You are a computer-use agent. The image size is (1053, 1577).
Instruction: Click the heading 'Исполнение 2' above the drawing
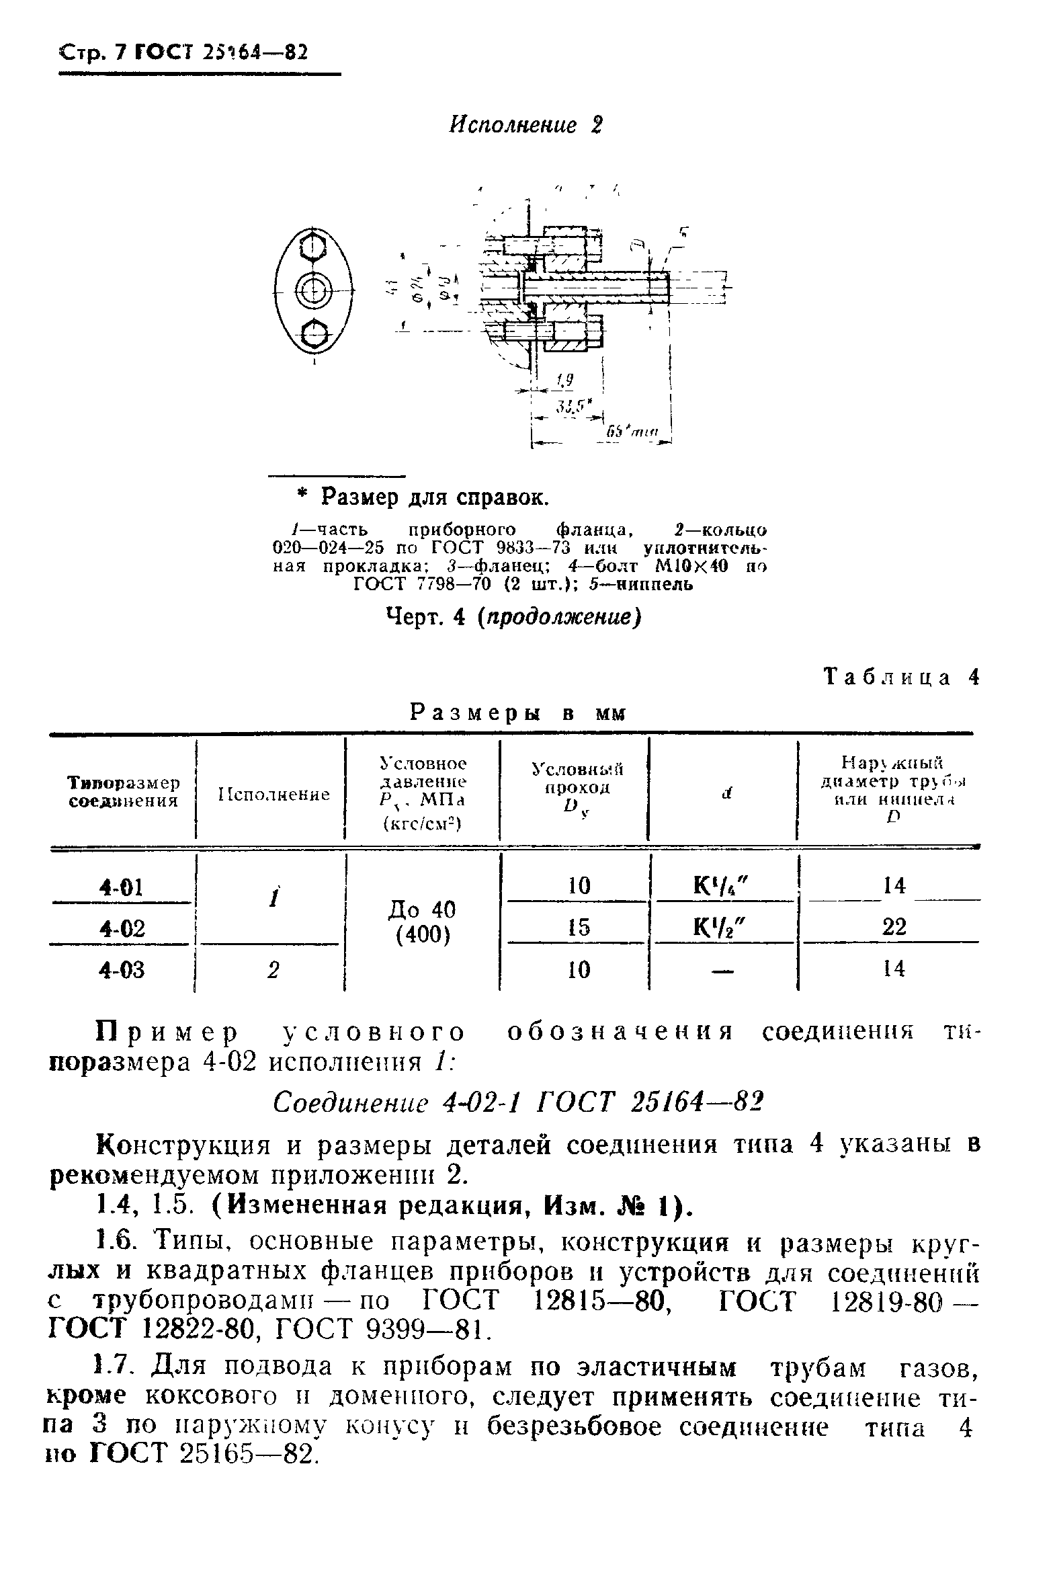pos(525,126)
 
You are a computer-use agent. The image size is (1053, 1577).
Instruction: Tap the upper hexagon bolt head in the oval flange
pos(312,249)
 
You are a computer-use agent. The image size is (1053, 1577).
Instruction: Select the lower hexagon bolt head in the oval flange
pos(313,331)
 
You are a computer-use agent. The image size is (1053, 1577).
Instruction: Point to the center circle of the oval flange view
pos(312,290)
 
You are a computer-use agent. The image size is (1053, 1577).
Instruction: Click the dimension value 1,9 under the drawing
pos(563,381)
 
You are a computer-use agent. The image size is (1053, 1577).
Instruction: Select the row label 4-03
pos(121,970)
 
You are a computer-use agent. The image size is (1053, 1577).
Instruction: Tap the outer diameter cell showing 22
pos(894,928)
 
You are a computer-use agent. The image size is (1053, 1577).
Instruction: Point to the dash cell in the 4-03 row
pos(723,970)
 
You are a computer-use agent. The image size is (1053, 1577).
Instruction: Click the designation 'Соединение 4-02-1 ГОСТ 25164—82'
pos(520,1101)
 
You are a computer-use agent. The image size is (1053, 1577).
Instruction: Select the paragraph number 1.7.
pos(115,1365)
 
